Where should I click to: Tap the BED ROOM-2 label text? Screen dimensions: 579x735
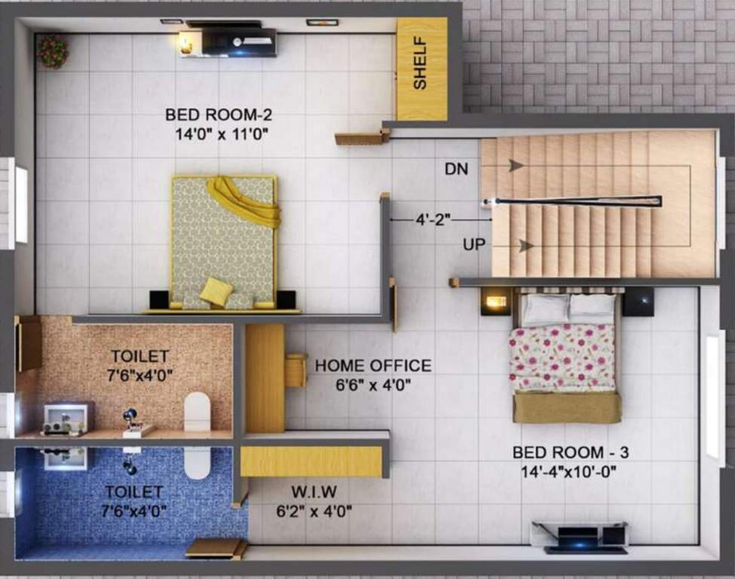[x=219, y=115]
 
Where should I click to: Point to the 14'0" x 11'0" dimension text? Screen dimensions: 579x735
[x=219, y=134]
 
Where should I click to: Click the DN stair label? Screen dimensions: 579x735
[x=456, y=170]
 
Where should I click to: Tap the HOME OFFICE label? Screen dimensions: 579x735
[x=373, y=366]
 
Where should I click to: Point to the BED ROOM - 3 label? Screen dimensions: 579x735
[x=571, y=452]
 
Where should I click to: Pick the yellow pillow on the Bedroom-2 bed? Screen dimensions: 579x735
[x=216, y=291]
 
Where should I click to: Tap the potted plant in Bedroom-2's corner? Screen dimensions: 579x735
[x=53, y=51]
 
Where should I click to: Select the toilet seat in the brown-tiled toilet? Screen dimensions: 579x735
[x=198, y=410]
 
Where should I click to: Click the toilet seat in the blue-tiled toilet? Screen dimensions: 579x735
[x=198, y=461]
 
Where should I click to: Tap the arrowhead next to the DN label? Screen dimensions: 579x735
[x=516, y=165]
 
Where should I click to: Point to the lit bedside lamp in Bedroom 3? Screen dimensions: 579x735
[x=496, y=302]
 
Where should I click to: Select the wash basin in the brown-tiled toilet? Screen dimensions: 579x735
[x=66, y=418]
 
